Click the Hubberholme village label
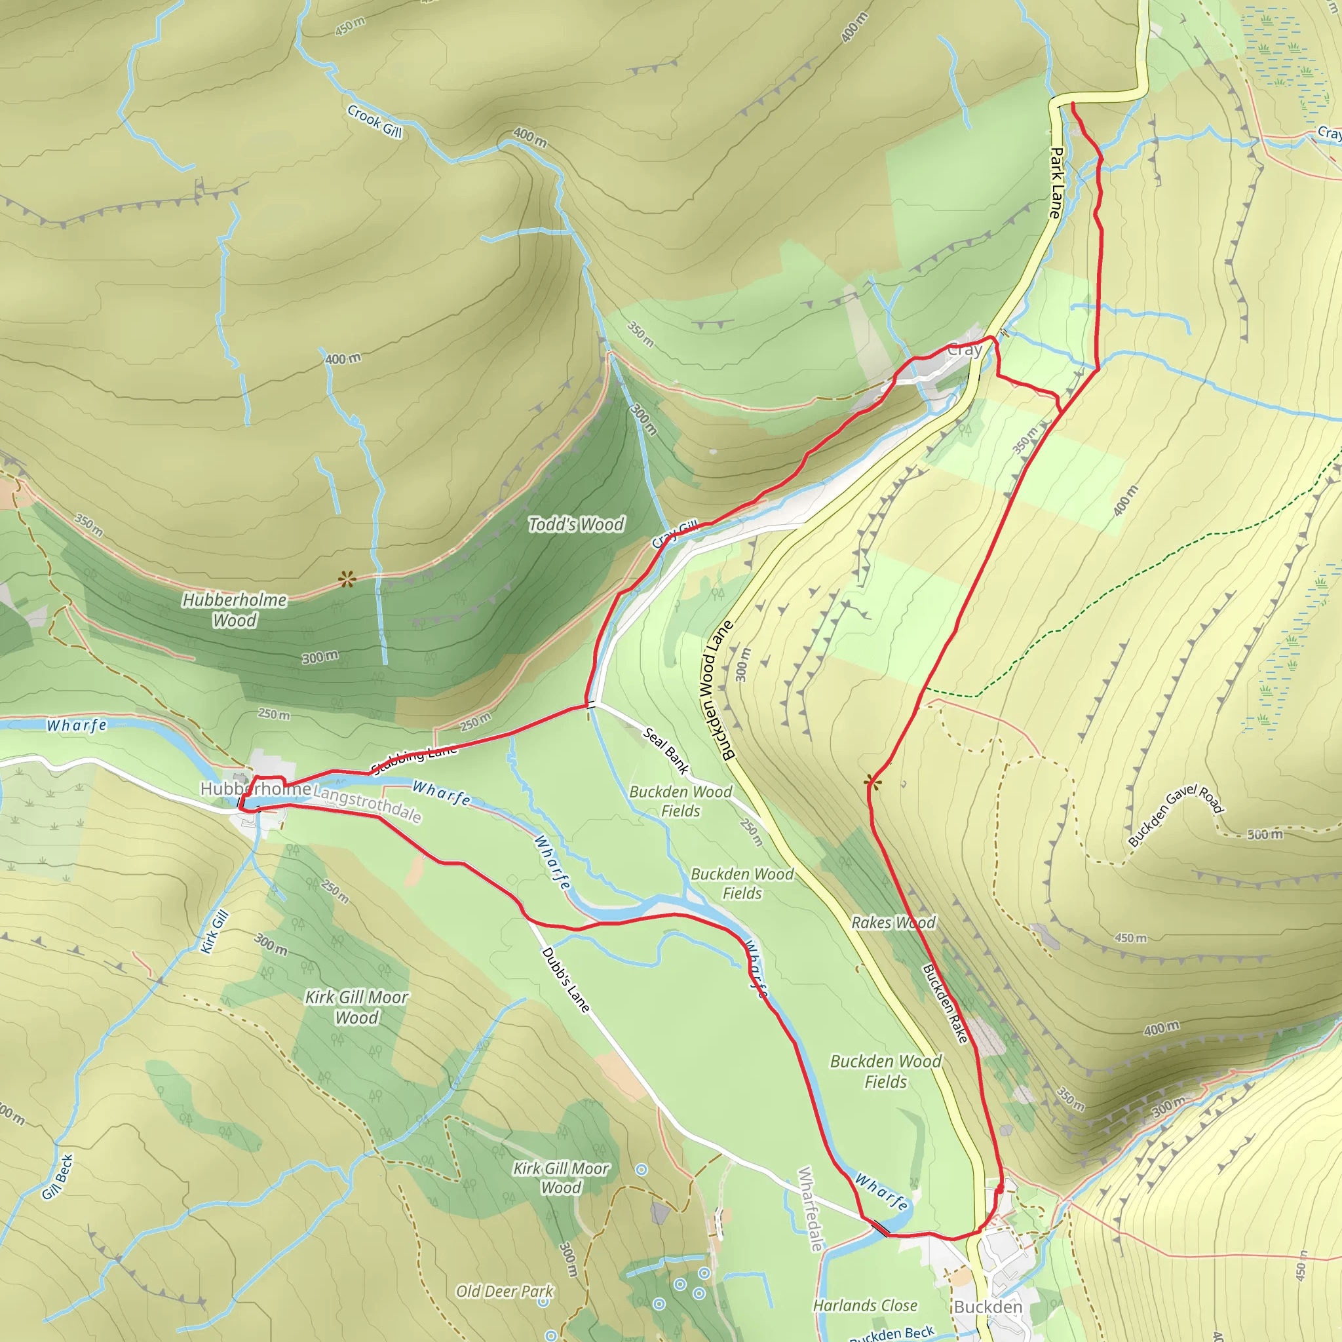pyautogui.click(x=255, y=788)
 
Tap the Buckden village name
pyautogui.click(x=987, y=1307)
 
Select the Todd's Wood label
pyautogui.click(x=576, y=524)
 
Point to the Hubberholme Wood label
pyautogui.click(x=234, y=610)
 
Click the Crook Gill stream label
pyautogui.click(x=374, y=121)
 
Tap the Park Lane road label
pyautogui.click(x=1056, y=183)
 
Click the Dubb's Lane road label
pyautogui.click(x=566, y=980)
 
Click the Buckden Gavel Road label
pyautogui.click(x=1176, y=815)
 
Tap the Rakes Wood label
pyautogui.click(x=893, y=923)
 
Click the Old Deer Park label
pyautogui.click(x=505, y=1292)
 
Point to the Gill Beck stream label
pyautogui.click(x=58, y=1177)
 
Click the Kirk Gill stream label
pyautogui.click(x=215, y=932)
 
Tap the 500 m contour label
pyautogui.click(x=1264, y=834)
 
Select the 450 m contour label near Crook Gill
pyautogui.click(x=350, y=26)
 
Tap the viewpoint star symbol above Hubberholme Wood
pyautogui.click(x=347, y=579)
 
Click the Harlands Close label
pyautogui.click(x=865, y=1306)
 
